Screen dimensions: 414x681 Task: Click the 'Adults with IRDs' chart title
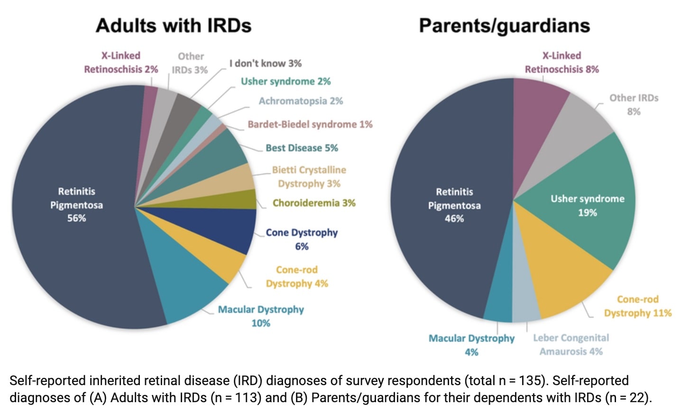(174, 26)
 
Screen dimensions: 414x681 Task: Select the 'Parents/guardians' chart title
(504, 26)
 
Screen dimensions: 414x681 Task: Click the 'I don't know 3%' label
(265, 63)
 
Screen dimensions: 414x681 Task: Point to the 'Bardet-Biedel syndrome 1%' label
(310, 125)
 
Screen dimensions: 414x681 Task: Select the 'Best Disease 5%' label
(302, 148)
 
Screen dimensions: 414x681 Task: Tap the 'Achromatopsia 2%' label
(301, 101)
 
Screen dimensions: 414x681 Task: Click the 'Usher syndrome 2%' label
(285, 81)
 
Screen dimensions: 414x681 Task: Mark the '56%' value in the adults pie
(76, 218)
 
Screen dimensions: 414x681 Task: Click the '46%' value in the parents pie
(454, 219)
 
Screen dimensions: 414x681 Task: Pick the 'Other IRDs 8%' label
(634, 105)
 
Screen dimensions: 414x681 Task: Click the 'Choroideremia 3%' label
(314, 203)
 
